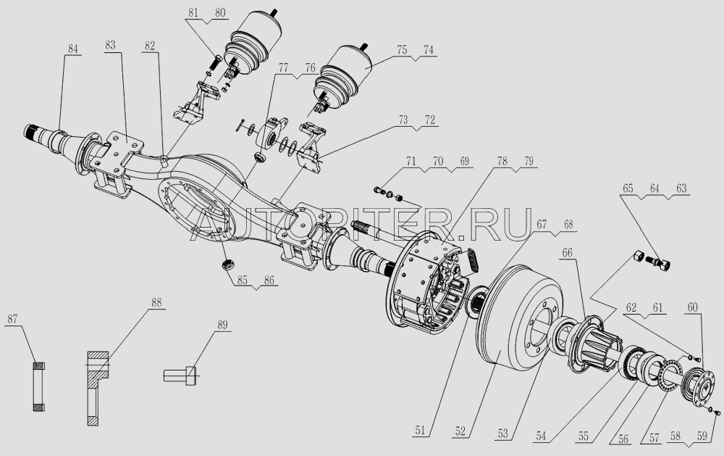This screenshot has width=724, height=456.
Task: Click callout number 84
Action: click(x=73, y=49)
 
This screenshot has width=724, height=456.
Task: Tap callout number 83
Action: click(x=110, y=45)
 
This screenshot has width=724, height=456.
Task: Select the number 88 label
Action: click(x=156, y=302)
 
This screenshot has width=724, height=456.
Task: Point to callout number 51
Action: click(x=419, y=431)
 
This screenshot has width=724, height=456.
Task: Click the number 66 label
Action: click(x=567, y=252)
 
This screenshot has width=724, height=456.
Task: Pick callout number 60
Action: click(x=693, y=307)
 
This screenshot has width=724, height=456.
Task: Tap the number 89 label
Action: click(x=222, y=325)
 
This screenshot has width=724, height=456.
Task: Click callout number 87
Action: click(x=12, y=319)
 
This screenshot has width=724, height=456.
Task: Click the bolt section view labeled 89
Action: click(x=180, y=373)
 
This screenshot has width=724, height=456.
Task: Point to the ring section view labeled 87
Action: click(x=39, y=386)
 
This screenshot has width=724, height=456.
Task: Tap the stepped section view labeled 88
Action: click(x=98, y=388)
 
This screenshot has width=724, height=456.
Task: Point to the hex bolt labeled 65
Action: click(x=658, y=264)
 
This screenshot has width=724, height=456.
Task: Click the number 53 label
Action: click(x=503, y=434)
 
